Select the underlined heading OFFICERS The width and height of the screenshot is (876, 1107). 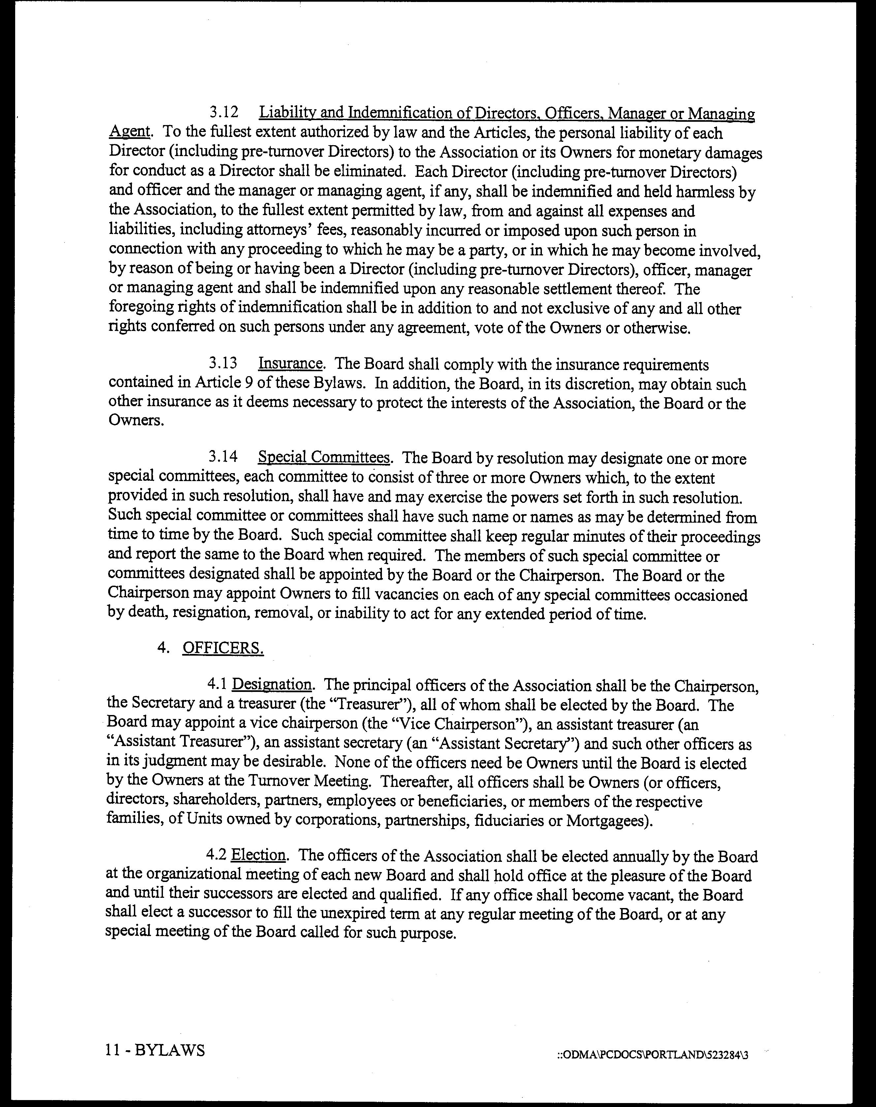pos(223,648)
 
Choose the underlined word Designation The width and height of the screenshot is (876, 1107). pos(272,685)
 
